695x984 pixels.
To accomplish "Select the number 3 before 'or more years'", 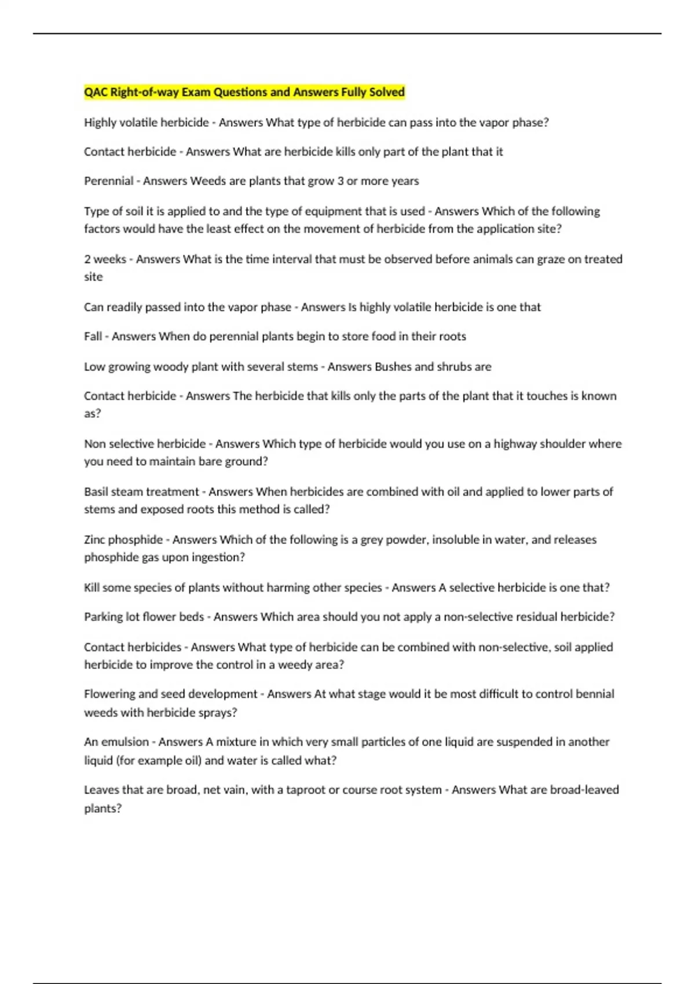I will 341,181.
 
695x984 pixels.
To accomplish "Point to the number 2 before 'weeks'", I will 87,259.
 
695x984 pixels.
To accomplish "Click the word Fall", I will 93,336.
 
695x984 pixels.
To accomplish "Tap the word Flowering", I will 109,694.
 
